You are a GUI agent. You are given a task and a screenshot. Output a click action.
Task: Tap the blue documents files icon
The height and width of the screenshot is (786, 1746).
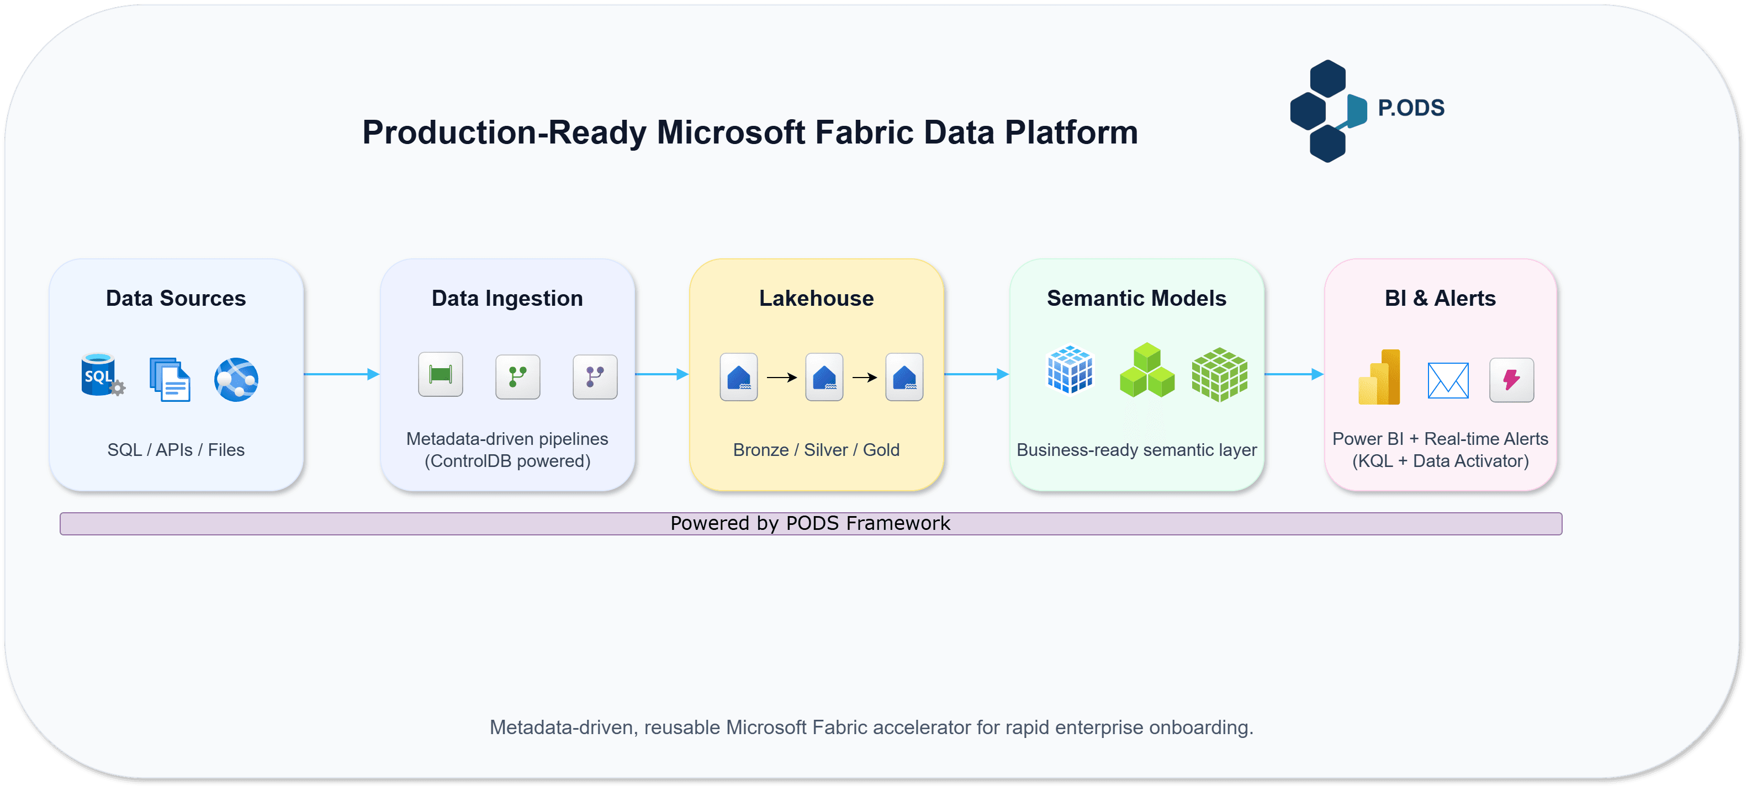[170, 379]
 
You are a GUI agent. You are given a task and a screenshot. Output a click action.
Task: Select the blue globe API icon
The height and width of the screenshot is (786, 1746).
[236, 379]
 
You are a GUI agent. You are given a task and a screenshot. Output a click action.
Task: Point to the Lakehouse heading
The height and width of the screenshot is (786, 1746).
[816, 298]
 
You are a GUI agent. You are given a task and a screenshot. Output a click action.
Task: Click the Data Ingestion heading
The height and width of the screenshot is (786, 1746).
[507, 298]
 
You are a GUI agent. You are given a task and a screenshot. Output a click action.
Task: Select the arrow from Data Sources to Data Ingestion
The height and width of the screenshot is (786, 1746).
[341, 374]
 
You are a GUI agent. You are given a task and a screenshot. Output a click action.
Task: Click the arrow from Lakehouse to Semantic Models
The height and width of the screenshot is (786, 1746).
[976, 374]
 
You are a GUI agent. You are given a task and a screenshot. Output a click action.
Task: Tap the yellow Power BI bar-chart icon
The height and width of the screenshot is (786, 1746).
[1379, 378]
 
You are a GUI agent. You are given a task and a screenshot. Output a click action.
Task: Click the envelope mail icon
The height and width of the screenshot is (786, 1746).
[1448, 380]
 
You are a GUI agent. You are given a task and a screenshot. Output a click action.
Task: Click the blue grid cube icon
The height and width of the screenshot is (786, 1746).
[1070, 370]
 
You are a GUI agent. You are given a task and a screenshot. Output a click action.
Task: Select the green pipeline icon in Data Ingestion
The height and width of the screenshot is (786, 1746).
[441, 374]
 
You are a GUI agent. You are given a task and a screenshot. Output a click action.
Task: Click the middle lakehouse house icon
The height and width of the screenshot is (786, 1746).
[824, 377]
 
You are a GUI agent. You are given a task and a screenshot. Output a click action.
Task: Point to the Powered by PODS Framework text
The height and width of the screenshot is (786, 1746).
[810, 523]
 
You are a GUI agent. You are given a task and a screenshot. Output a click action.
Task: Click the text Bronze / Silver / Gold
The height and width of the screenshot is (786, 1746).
[816, 450]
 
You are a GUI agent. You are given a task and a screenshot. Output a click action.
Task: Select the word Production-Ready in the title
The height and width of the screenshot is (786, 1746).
[504, 132]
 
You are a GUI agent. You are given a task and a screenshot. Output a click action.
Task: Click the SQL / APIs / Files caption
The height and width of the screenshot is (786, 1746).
[176, 450]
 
